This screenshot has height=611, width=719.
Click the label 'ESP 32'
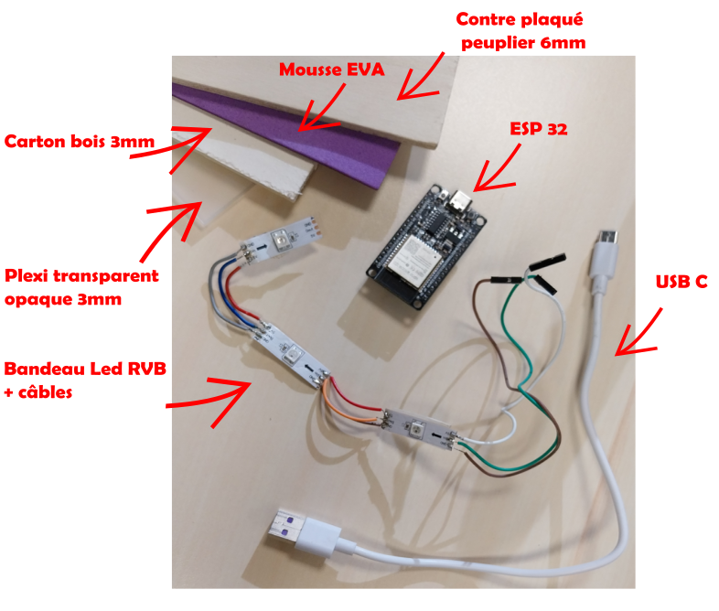(538, 129)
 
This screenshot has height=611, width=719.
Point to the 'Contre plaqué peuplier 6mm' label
(520, 30)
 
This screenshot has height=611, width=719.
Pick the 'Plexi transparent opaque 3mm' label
(81, 287)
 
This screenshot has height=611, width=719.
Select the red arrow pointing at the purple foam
(322, 105)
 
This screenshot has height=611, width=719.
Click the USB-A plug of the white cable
(290, 531)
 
